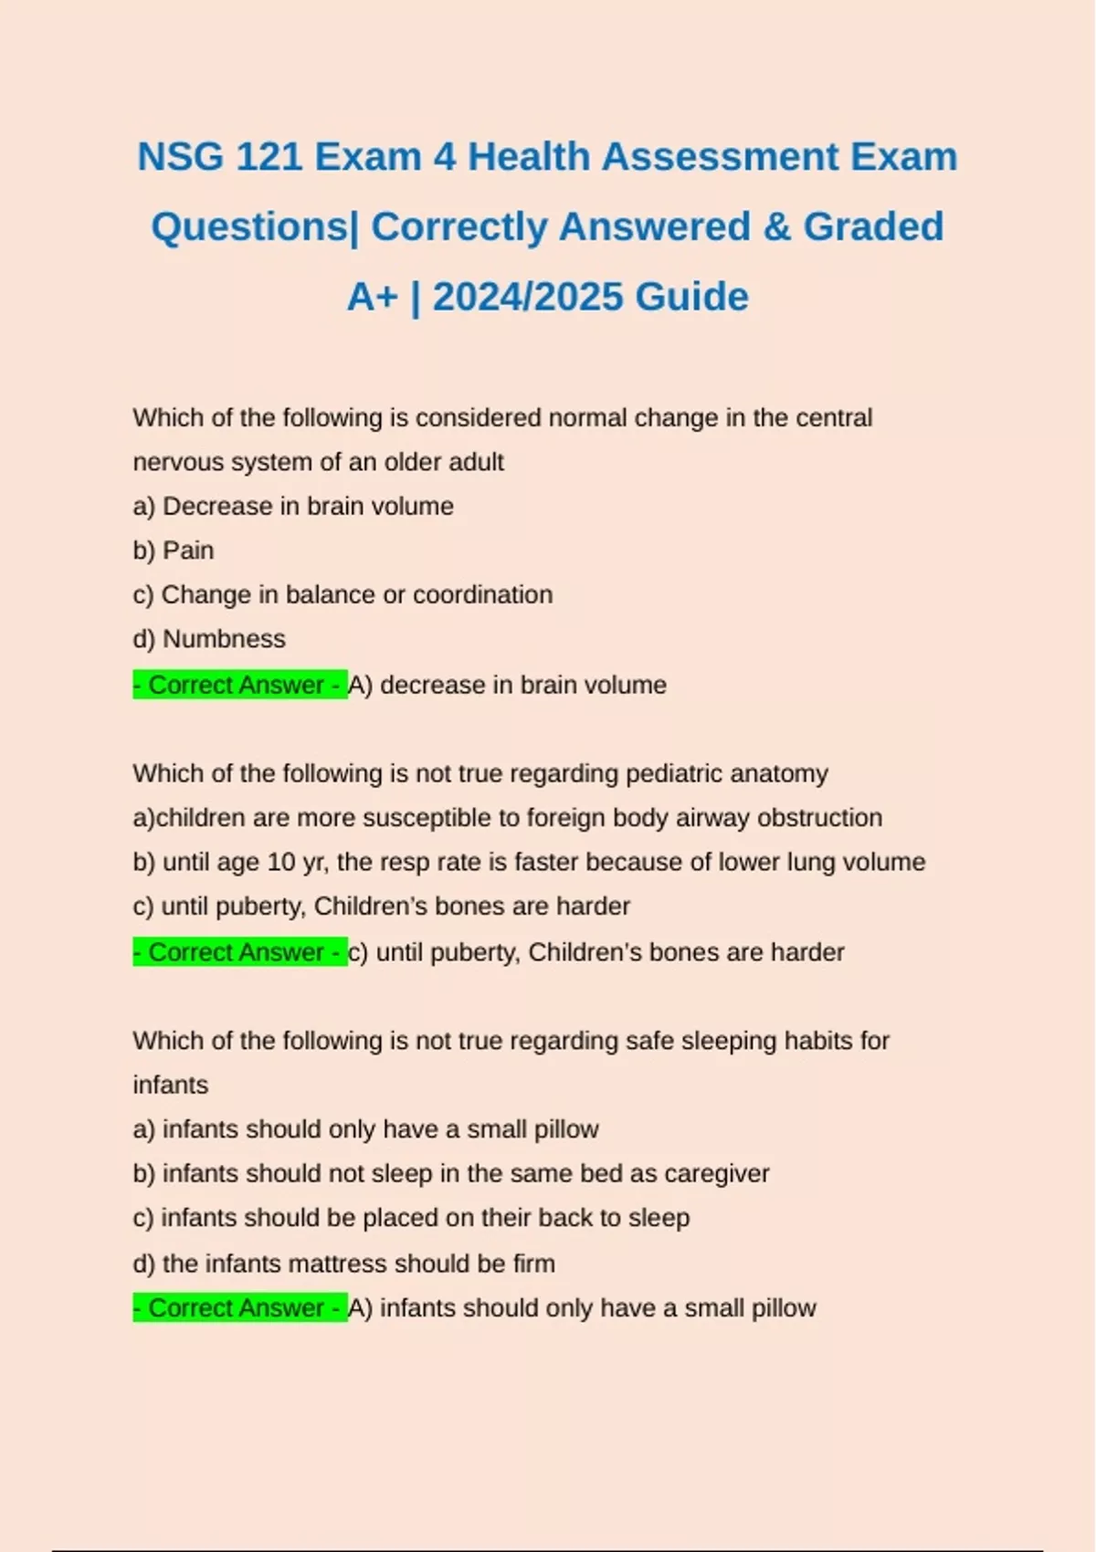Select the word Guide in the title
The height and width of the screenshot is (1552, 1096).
click(x=691, y=297)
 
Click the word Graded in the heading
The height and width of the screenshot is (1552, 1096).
click(x=873, y=226)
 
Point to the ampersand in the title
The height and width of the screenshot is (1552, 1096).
click(x=776, y=226)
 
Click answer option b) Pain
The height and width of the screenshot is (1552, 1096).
click(x=174, y=551)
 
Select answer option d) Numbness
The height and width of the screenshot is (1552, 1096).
click(x=209, y=639)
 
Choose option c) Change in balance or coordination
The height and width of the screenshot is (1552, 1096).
click(x=342, y=594)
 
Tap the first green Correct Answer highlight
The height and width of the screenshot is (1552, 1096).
click(x=240, y=685)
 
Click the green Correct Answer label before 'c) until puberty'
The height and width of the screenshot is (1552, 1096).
click(x=240, y=952)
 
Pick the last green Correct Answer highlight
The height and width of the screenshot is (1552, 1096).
click(x=240, y=1308)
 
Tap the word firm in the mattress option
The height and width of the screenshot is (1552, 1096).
click(x=533, y=1264)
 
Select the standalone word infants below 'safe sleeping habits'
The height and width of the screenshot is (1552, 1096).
click(x=171, y=1085)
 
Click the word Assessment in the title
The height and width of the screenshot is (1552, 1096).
click(x=721, y=157)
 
